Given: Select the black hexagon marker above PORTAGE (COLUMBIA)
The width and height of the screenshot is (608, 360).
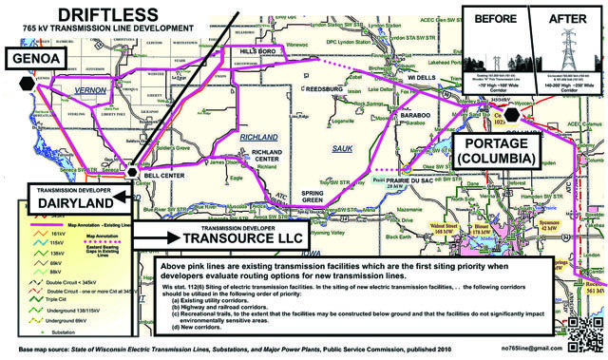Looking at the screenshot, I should (511, 114).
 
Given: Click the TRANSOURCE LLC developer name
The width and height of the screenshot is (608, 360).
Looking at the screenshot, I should (210, 239).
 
